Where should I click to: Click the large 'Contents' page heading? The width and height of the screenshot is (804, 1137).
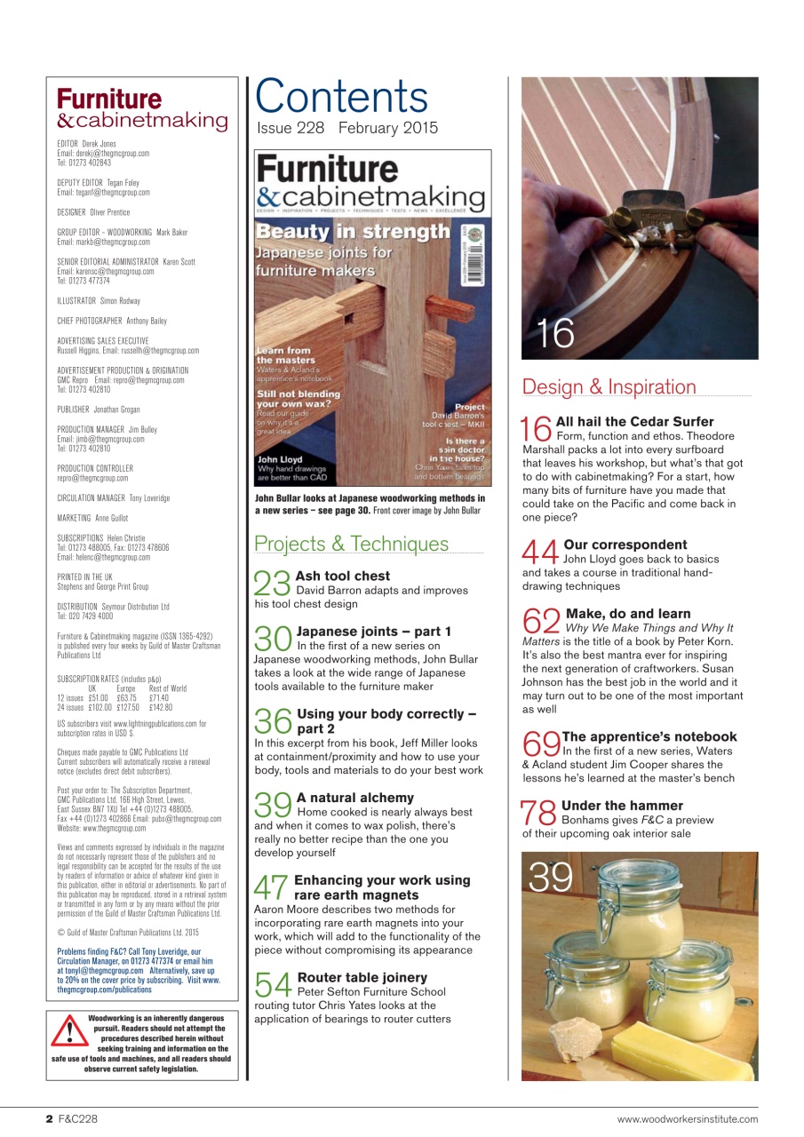(342, 98)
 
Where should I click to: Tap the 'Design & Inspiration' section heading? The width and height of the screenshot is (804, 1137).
(609, 386)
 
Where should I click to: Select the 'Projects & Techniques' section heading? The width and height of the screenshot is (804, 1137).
(351, 544)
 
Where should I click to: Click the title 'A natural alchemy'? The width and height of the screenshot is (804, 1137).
(354, 798)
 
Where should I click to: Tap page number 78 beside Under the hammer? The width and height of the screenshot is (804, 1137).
(539, 812)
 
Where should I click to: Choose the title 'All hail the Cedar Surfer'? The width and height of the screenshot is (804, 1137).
(634, 421)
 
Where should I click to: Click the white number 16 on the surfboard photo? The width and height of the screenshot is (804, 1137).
(554, 334)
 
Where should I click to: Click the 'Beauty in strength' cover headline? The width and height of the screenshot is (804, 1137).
(354, 232)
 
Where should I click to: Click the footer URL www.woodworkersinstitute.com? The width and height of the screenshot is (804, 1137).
(687, 1119)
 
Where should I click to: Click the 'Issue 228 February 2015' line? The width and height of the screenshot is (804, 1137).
(347, 128)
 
